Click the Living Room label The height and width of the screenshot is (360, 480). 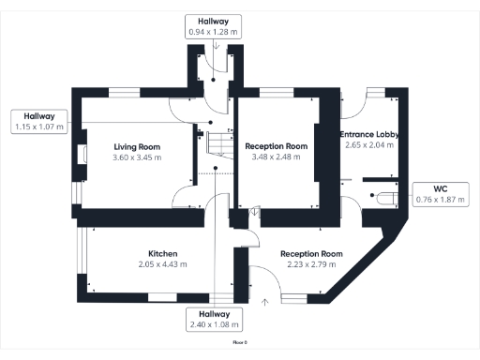137,147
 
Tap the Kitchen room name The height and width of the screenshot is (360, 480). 163,254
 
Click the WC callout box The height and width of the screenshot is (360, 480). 440,194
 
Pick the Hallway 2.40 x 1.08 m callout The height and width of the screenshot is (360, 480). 215,319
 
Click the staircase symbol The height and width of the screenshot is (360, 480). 217,144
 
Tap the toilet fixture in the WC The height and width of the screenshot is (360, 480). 382,198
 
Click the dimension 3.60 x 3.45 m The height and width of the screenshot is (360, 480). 137,157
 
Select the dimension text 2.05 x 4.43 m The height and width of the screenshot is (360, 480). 163,264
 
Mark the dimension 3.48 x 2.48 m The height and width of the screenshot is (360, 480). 277,157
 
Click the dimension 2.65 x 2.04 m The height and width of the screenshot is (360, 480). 370,145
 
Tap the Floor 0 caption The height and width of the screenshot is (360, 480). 240,344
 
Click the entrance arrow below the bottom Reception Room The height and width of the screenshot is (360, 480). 265,301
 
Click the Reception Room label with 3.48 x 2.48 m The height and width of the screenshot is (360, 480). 277,147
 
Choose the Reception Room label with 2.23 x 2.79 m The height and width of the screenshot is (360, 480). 312,254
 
